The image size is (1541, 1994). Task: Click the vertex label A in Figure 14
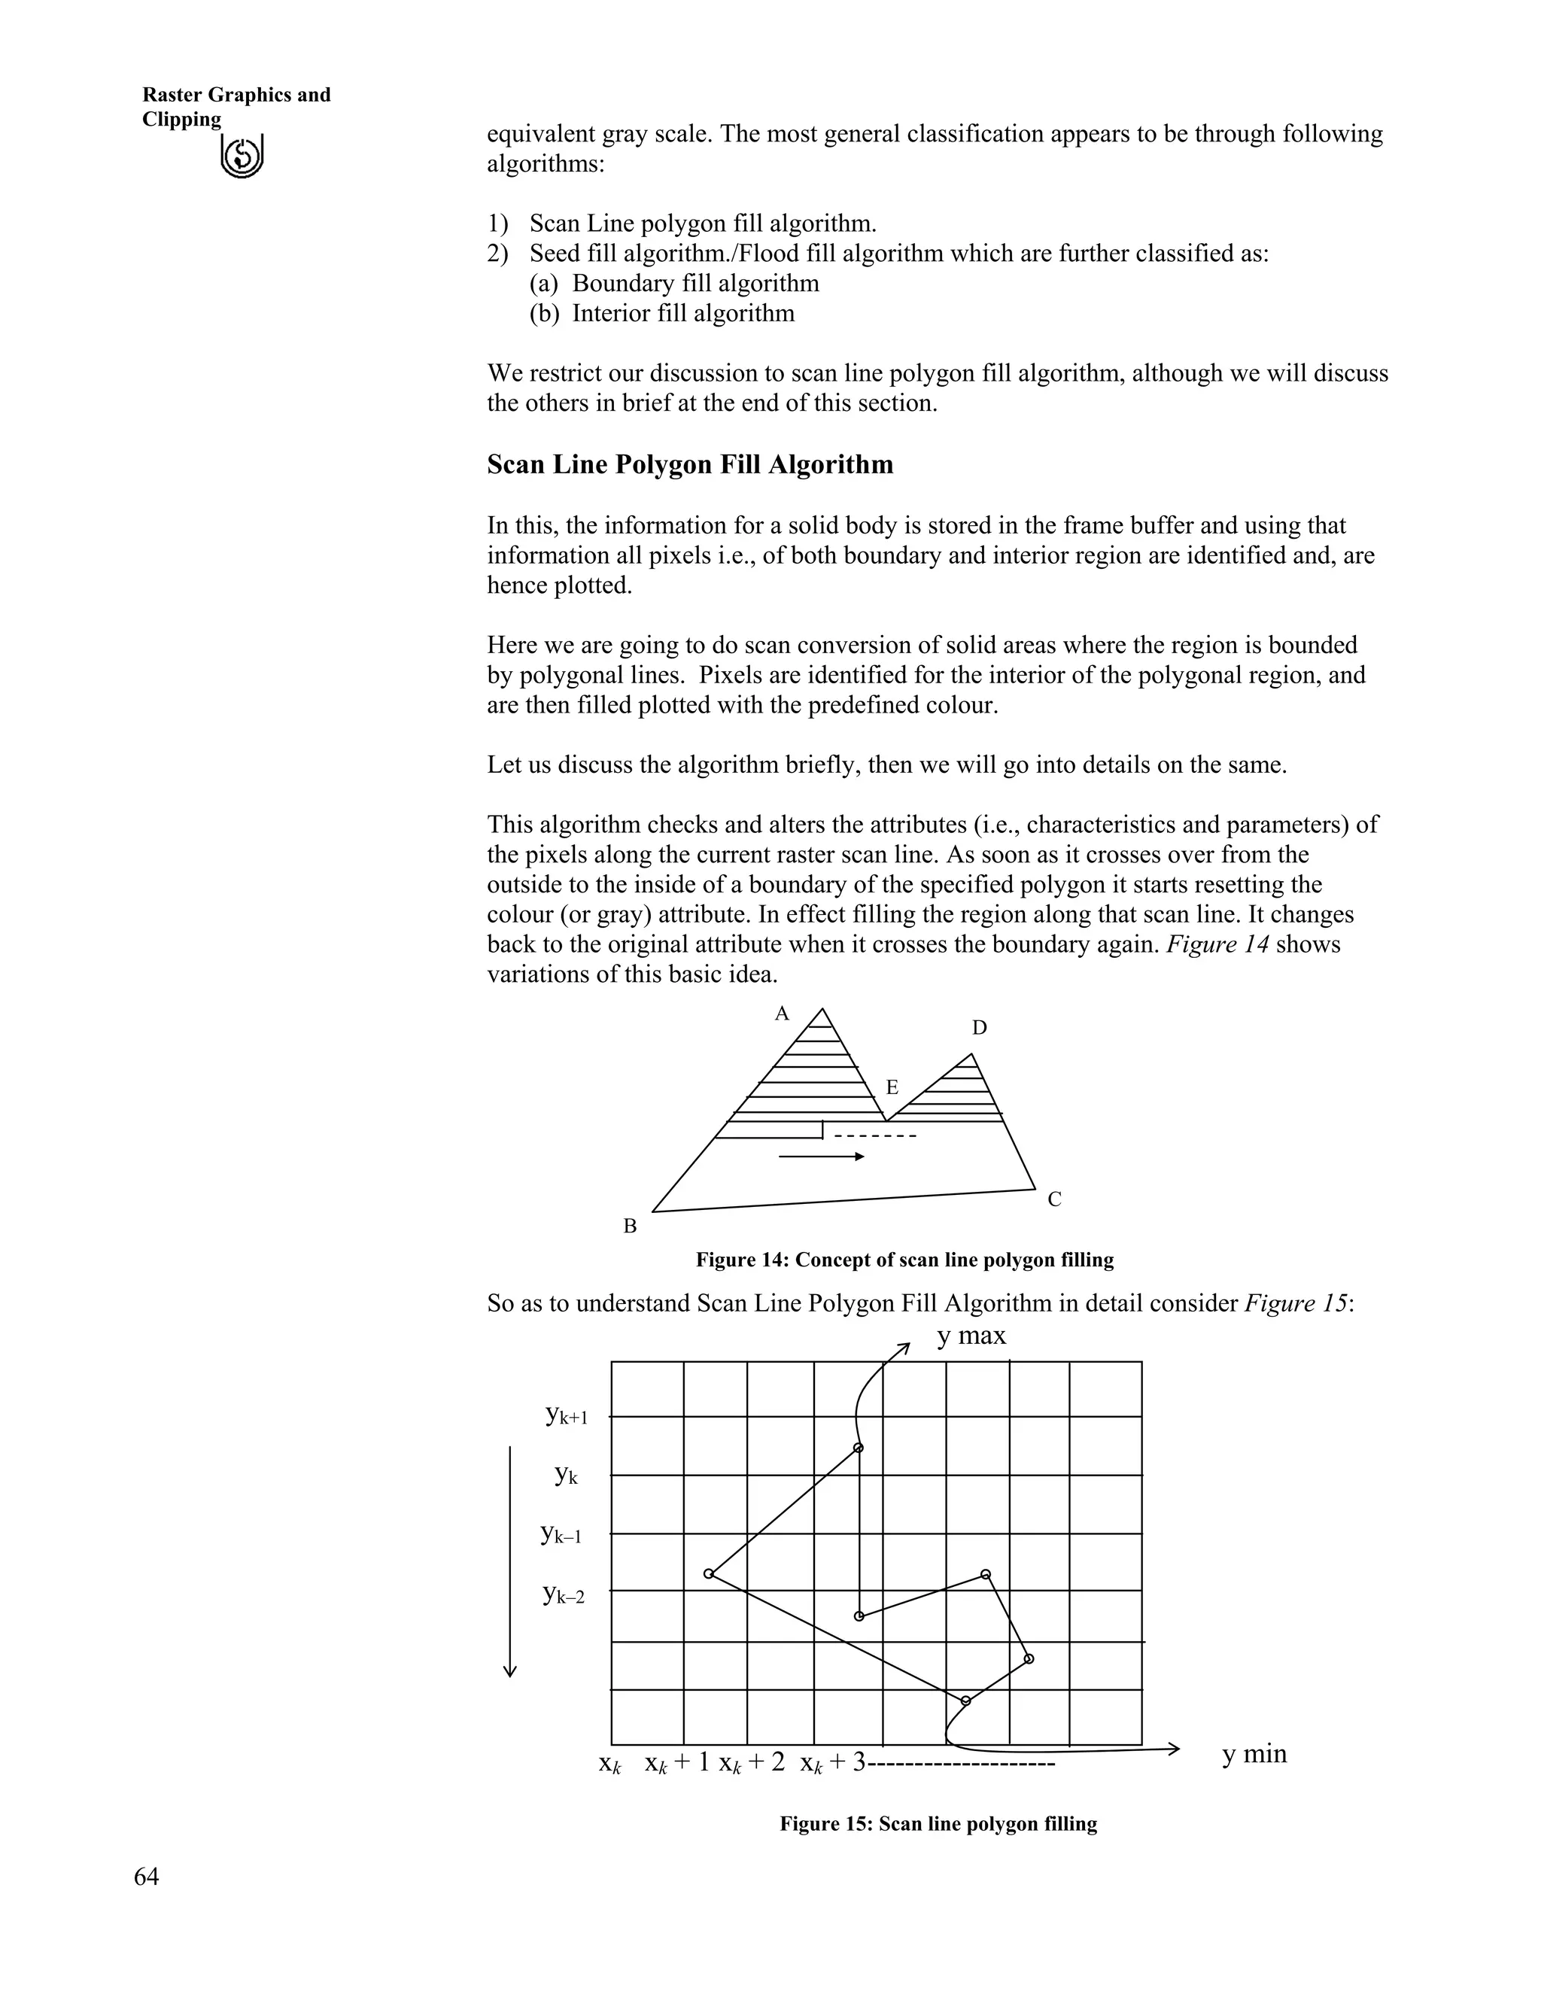[782, 1014]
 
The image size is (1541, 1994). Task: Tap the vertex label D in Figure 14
[979, 1028]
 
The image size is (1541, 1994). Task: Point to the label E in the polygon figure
[892, 1087]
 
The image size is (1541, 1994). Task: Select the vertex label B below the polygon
[630, 1227]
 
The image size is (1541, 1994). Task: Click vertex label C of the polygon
[1054, 1199]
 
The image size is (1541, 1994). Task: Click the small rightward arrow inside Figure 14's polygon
[821, 1157]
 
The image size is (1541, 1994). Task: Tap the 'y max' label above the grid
[971, 1336]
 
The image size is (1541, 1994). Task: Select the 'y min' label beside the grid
[1254, 1754]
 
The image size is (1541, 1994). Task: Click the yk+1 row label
[566, 1416]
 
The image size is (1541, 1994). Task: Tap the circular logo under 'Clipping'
[242, 157]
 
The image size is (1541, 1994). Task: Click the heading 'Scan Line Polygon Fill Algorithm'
[690, 465]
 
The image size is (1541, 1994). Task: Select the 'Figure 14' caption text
[904, 1260]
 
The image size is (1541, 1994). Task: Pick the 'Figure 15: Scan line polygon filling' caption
[938, 1824]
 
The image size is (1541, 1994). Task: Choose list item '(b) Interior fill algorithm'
[662, 314]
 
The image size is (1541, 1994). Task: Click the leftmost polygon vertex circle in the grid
[708, 1574]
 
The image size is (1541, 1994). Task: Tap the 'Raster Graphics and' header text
[236, 95]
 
